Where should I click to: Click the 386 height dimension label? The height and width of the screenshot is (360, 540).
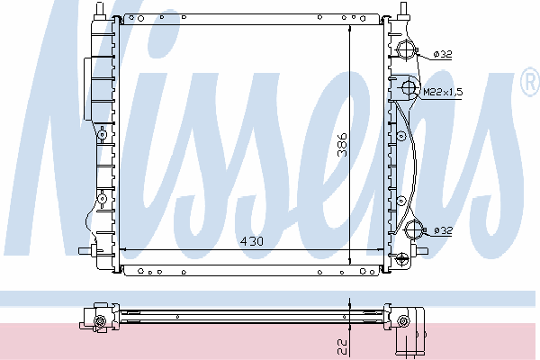pyautogui.click(x=343, y=145)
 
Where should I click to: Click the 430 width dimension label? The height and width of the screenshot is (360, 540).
pyautogui.click(x=252, y=241)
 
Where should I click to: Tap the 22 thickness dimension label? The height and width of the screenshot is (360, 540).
pyautogui.click(x=342, y=346)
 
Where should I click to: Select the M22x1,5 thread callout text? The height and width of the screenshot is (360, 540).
pyautogui.click(x=443, y=92)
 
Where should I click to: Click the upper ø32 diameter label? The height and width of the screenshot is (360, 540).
pyautogui.click(x=443, y=54)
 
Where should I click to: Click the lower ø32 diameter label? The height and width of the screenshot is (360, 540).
pyautogui.click(x=443, y=230)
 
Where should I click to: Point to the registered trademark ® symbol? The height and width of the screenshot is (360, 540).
pyautogui.click(x=531, y=82)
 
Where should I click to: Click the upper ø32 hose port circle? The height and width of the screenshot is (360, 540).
pyautogui.click(x=407, y=50)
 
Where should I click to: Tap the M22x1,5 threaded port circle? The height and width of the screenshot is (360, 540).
pyautogui.click(x=409, y=88)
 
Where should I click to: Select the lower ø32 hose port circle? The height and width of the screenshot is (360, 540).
pyautogui.click(x=414, y=229)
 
